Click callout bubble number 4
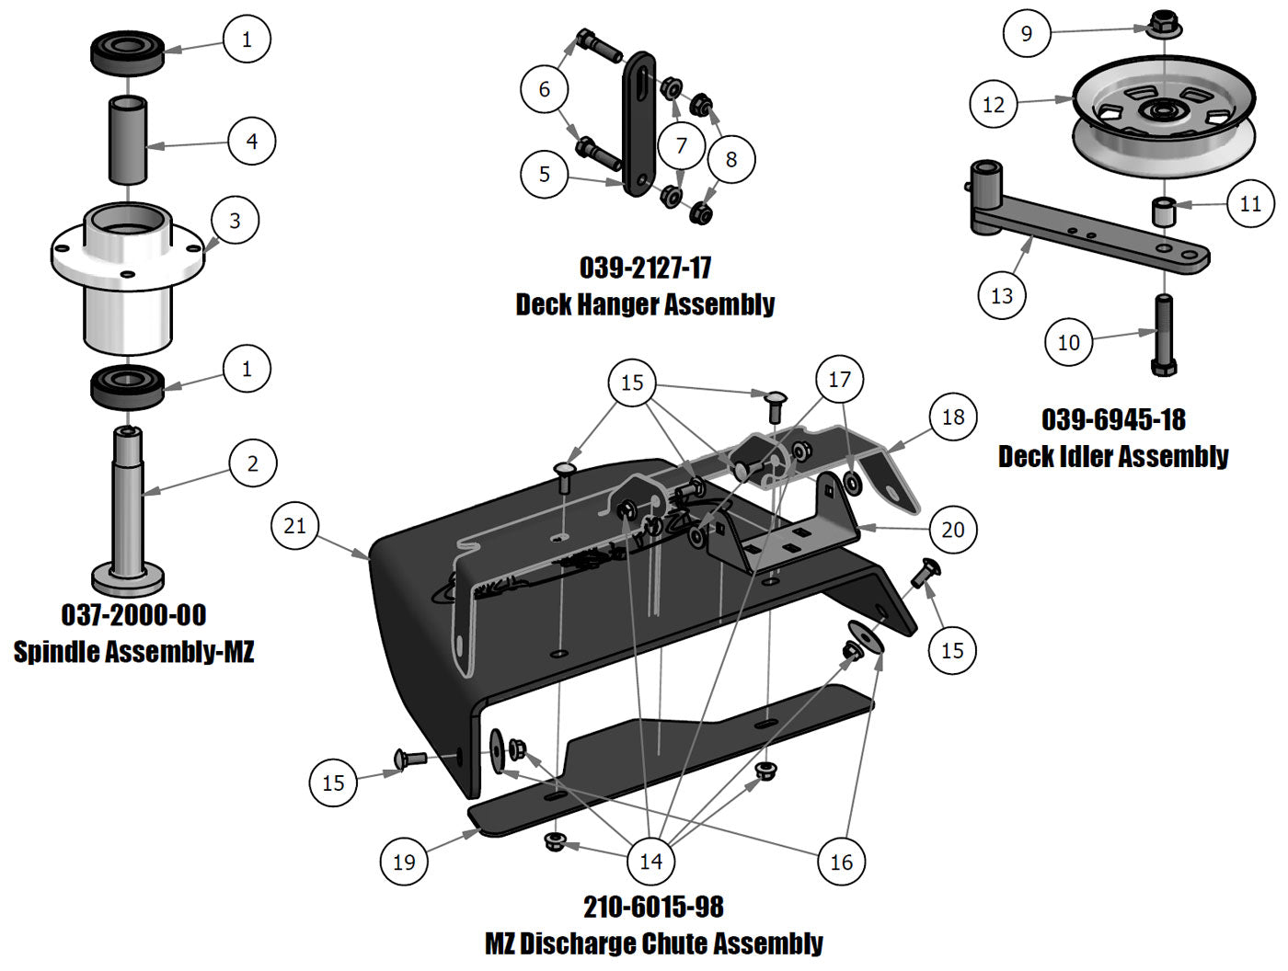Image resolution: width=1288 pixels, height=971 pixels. coord(252,141)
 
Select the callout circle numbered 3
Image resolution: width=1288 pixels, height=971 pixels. coord(235,221)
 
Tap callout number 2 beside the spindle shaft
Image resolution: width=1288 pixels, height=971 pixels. coord(253,463)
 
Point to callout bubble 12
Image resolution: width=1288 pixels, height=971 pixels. coord(994,104)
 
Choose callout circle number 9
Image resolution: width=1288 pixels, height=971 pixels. coord(1026,34)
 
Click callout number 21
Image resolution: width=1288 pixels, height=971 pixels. coord(294,526)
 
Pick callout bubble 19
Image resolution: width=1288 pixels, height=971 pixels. coord(404,862)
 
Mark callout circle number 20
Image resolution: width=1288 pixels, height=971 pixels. coord(952,530)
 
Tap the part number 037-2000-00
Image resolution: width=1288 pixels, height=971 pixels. coord(133,614)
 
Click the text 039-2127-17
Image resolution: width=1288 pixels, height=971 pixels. coord(645,268)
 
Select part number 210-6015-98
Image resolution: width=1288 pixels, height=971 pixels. coord(653,907)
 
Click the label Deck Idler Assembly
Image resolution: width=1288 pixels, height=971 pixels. coord(1113,456)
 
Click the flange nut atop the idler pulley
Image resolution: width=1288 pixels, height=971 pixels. coord(1164,22)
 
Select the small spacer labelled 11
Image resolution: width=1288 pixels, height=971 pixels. coord(1164,211)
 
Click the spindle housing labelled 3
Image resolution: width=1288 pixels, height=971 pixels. coord(127,276)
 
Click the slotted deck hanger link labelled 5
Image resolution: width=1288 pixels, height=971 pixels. coord(636,124)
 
